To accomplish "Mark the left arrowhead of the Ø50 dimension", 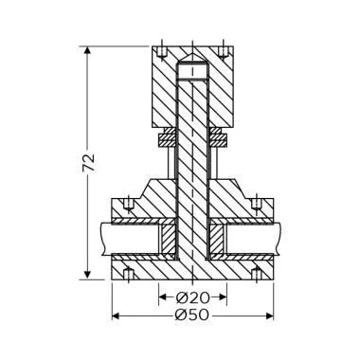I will tap(117, 315).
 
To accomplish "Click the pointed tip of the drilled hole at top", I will tap(193, 64).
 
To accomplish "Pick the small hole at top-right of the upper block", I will tap(222, 47).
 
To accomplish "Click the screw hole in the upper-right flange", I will tap(257, 205).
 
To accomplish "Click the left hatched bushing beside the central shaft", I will tap(169, 242).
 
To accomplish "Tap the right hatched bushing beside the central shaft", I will tap(218, 242).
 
